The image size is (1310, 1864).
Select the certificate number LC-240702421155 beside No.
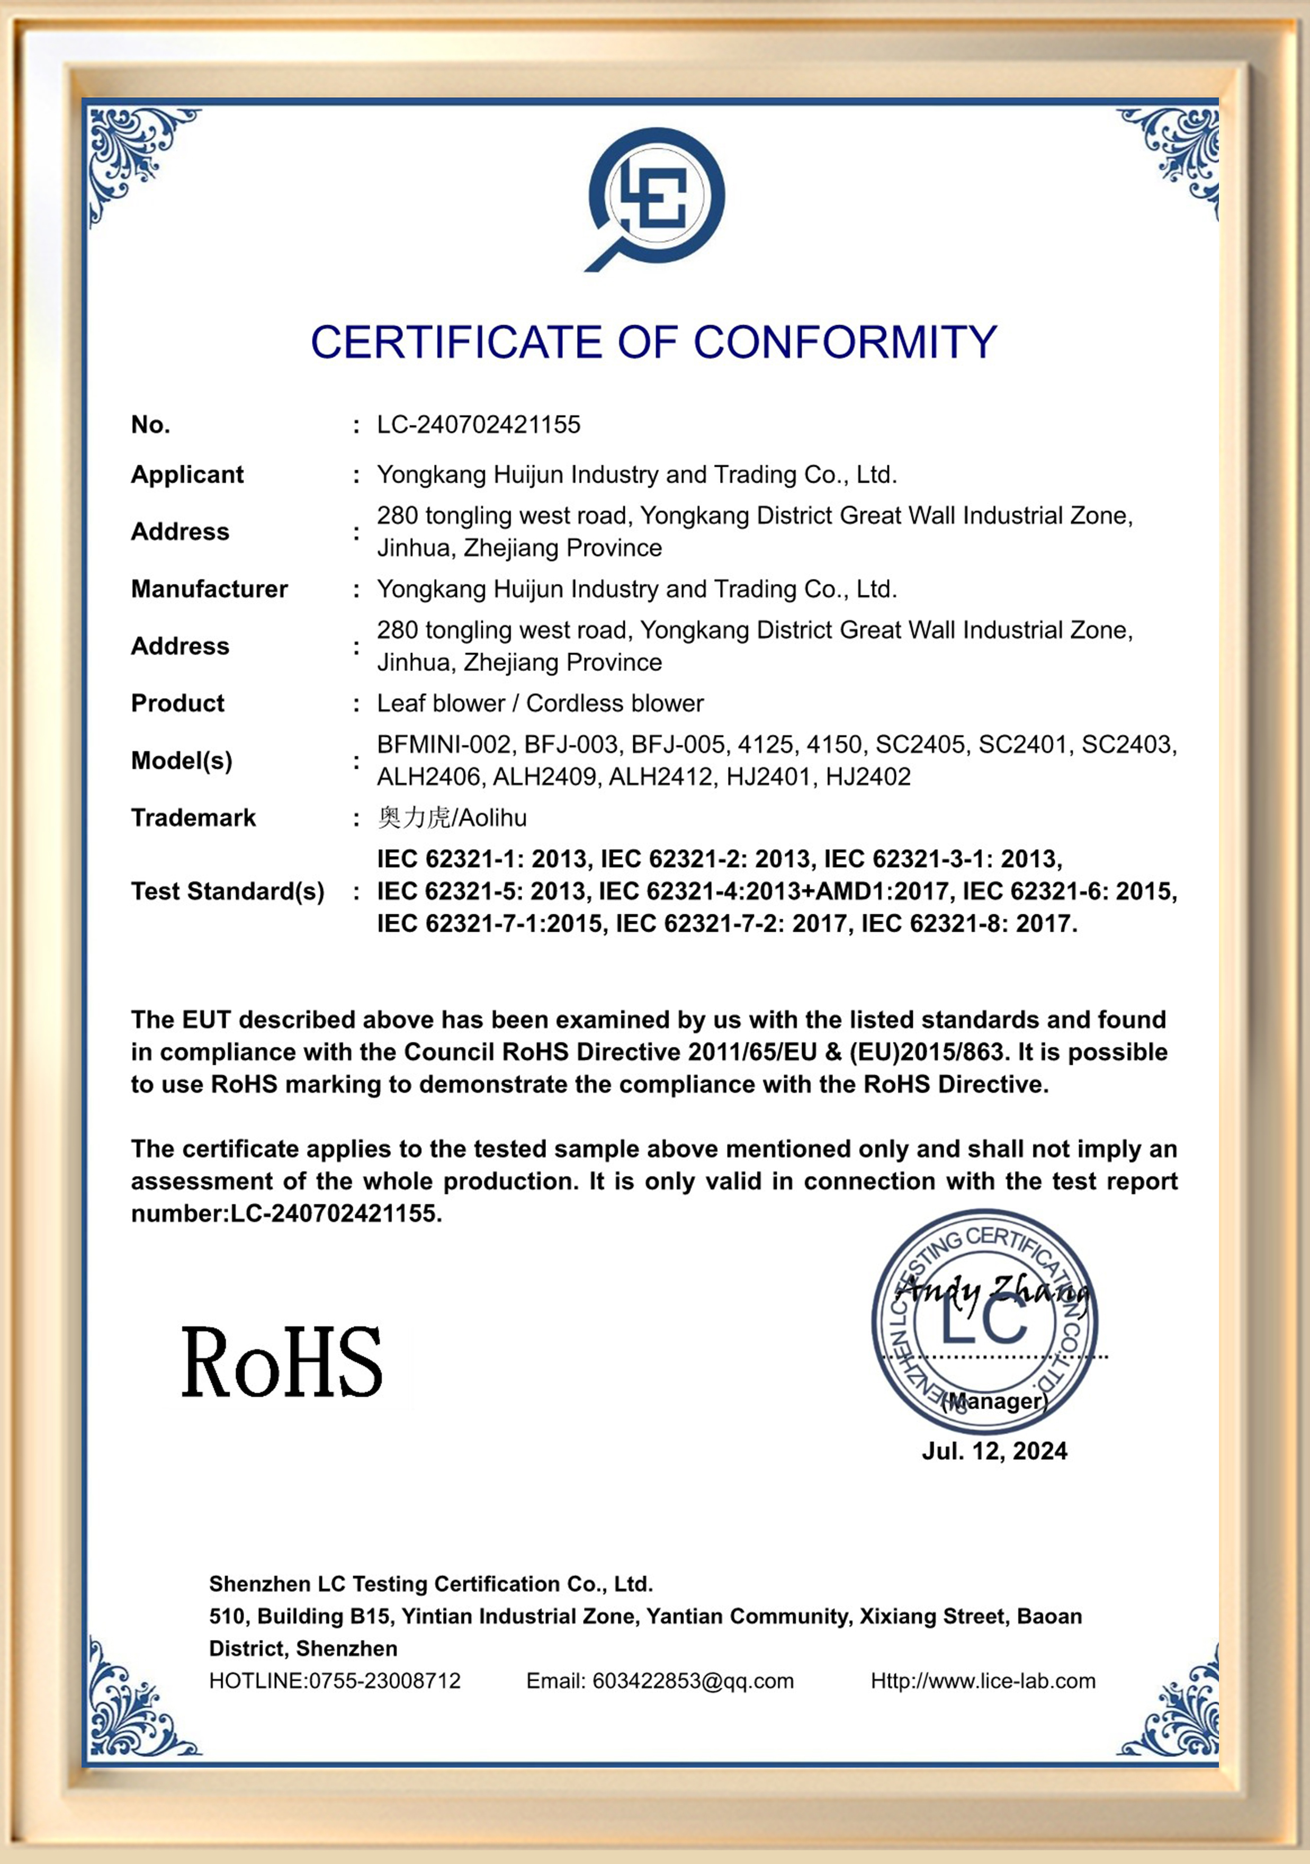478,425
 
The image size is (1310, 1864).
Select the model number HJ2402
868,777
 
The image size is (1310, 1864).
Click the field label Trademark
193,817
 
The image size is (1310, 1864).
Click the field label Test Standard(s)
227,891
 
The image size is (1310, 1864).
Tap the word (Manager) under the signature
994,1401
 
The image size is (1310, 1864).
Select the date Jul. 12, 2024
994,1451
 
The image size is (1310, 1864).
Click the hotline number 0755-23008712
385,1681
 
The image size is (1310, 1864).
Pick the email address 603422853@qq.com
693,1681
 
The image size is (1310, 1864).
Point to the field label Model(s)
182,761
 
